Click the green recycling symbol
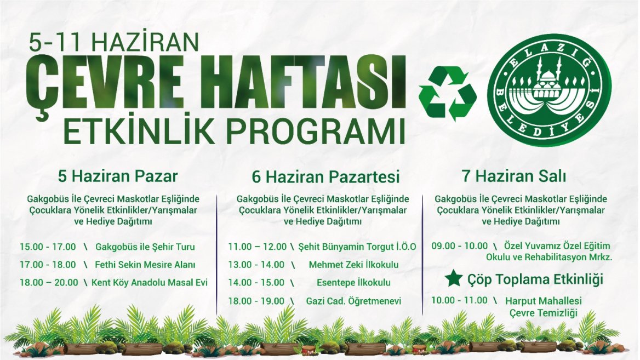pyautogui.click(x=447, y=94)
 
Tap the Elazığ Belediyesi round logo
pyautogui.click(x=549, y=90)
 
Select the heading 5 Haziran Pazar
pyautogui.click(x=118, y=176)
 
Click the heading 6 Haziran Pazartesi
pyautogui.click(x=325, y=177)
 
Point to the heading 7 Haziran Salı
pyautogui.click(x=514, y=176)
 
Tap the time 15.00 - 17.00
pyautogui.click(x=48, y=247)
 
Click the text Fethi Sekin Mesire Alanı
pyautogui.click(x=145, y=265)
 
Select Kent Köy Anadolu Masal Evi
pyautogui.click(x=150, y=282)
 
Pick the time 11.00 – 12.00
pyautogui.click(x=257, y=247)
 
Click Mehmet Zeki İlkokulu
pyautogui.click(x=353, y=265)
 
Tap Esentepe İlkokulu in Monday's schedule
pyautogui.click(x=353, y=282)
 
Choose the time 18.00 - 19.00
pyautogui.click(x=256, y=301)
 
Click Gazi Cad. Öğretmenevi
pyautogui.click(x=353, y=301)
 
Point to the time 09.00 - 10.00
pyautogui.click(x=460, y=246)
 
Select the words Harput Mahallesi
pyautogui.click(x=543, y=301)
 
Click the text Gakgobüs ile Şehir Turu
pyautogui.click(x=145, y=247)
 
